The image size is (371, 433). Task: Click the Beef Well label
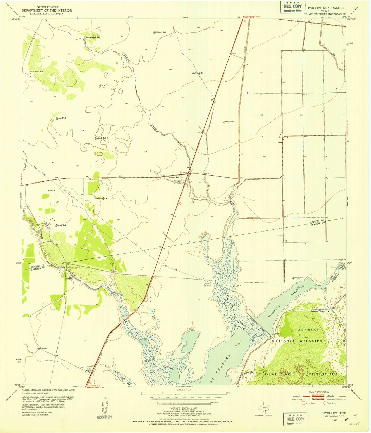(x=196, y=73)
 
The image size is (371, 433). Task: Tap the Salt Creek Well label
(x=159, y=32)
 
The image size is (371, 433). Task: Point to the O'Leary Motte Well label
(x=92, y=37)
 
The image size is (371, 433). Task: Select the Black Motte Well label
(x=36, y=71)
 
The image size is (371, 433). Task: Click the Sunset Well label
(x=61, y=118)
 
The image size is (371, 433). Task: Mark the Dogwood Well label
(x=100, y=138)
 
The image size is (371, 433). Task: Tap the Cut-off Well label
(x=229, y=122)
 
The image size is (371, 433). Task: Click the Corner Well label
(x=174, y=177)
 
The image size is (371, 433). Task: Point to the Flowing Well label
(x=61, y=225)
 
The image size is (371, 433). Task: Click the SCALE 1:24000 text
(x=184, y=389)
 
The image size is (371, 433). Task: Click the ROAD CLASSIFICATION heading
(x=319, y=392)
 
